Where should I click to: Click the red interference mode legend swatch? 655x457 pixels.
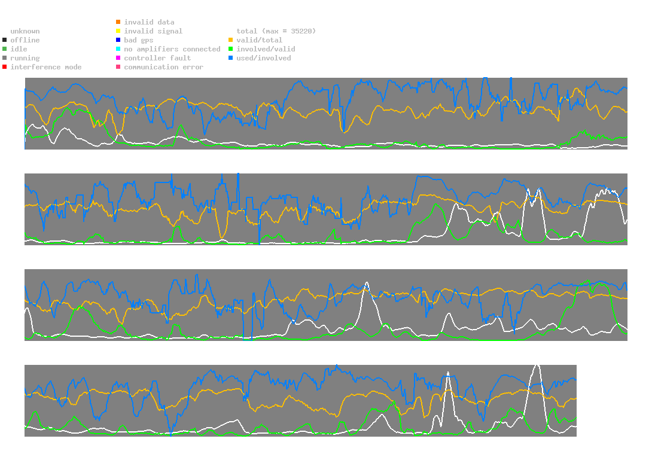pyautogui.click(x=5, y=67)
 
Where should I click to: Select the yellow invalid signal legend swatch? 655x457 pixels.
pyautogui.click(x=118, y=31)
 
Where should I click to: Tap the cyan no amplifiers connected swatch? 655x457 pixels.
pyautogui.click(x=118, y=49)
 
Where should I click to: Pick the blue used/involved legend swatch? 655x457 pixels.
pyautogui.click(x=231, y=58)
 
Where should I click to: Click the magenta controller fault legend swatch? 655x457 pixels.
pyautogui.click(x=118, y=58)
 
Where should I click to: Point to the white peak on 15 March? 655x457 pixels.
pyautogui.click(x=537, y=364)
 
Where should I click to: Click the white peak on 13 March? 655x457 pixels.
pyautogui.click(x=447, y=373)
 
